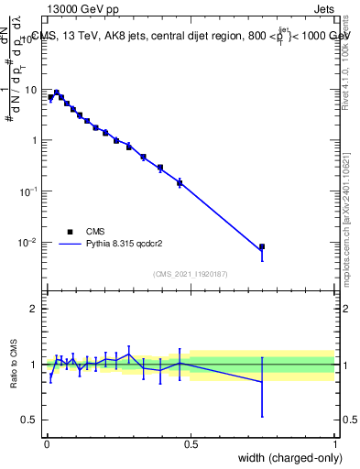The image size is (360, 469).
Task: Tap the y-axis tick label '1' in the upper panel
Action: pos(35,140)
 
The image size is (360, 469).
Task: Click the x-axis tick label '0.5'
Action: pos(191,444)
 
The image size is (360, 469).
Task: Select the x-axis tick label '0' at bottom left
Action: pos(46,444)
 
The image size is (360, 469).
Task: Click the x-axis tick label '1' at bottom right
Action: pos(335,444)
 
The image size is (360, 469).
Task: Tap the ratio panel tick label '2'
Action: pos(35,310)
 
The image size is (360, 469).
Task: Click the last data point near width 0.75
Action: pos(262,246)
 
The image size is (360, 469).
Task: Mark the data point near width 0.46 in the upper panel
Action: pos(180,183)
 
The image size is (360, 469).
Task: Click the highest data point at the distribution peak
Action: pos(56,93)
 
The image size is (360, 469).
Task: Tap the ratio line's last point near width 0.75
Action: pos(262,382)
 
